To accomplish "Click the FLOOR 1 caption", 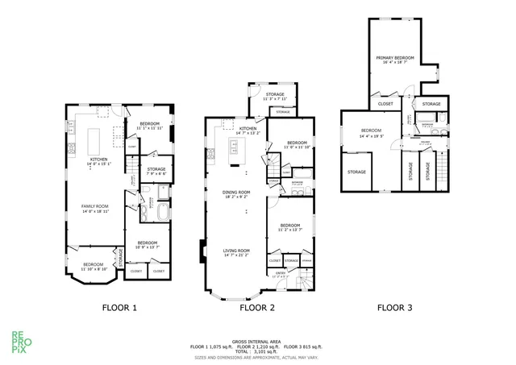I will click(119, 307).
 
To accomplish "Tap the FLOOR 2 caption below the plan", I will click(258, 307).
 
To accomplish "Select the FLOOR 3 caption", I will click(396, 307).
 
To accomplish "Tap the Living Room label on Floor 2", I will click(236, 252).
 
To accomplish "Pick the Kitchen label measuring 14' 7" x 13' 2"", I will click(248, 131).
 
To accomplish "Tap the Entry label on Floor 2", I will click(281, 274).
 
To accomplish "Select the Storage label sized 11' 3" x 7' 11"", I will click(275, 97).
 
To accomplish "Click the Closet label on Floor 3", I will click(385, 104).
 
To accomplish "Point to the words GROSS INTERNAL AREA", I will click(257, 341).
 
